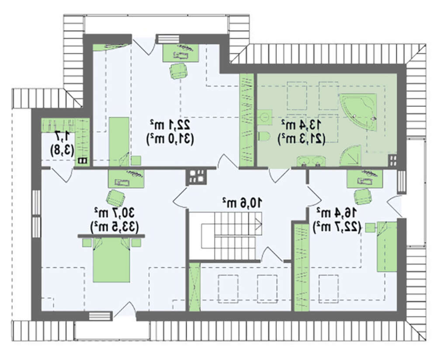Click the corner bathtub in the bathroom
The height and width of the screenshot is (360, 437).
click(x=359, y=112)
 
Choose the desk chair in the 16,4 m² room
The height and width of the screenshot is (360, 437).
click(x=363, y=196)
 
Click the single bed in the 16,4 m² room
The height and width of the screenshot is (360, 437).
click(x=387, y=247)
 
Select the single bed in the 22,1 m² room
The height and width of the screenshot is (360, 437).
click(x=119, y=142)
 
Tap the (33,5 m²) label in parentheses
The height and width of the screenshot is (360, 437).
click(x=114, y=227)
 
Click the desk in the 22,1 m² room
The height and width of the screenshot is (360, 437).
click(x=180, y=53)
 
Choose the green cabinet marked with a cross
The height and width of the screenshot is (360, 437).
click(x=194, y=287)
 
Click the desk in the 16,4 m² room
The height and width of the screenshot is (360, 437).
click(x=365, y=178)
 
